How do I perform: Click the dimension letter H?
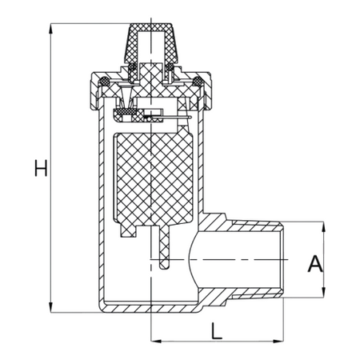[x=41, y=168]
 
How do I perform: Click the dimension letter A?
[x=315, y=263]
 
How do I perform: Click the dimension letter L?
[x=216, y=330]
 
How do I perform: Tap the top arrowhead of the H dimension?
[x=50, y=29]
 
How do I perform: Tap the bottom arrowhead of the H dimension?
[x=50, y=307]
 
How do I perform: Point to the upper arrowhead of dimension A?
[x=324, y=227]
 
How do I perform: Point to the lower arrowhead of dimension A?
[x=324, y=292]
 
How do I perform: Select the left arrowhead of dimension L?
[x=156, y=341]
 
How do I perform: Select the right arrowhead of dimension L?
[x=278, y=341]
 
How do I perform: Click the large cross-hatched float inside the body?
[x=154, y=178]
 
